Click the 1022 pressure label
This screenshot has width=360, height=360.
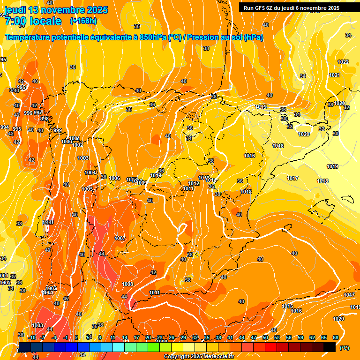(343, 62)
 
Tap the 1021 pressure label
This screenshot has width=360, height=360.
(335, 75)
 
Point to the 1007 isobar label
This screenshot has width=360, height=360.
(120, 238)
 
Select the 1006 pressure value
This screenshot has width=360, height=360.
(114, 178)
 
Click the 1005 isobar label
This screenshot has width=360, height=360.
(87, 189)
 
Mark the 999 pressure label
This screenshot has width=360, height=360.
(58, 130)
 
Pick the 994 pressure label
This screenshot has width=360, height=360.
(5, 127)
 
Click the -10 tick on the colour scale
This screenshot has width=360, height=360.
(32, 337)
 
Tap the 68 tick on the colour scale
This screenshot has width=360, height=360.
(336, 337)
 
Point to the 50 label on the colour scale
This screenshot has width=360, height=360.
(265, 337)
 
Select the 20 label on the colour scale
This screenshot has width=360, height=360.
(148, 337)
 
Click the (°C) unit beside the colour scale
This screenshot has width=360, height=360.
(345, 347)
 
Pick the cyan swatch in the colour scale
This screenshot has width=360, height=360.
(119, 347)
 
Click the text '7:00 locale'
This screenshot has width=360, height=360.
(33, 21)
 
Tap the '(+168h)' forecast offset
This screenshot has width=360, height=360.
(84, 21)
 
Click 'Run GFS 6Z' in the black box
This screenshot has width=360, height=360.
(261, 8)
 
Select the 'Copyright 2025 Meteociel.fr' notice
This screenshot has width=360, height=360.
(198, 357)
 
